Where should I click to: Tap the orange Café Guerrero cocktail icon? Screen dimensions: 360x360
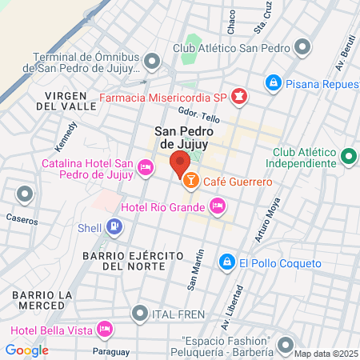pyautogui.click(x=191, y=182)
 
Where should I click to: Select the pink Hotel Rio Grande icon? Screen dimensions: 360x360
pyautogui.click(x=217, y=207)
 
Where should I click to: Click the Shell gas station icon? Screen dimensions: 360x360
pyautogui.click(x=114, y=227)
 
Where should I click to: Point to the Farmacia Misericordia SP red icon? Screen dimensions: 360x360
pyautogui.click(x=238, y=98)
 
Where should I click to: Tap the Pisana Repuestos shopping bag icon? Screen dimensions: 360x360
pyautogui.click(x=274, y=82)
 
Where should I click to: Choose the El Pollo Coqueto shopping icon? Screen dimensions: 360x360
pyautogui.click(x=227, y=262)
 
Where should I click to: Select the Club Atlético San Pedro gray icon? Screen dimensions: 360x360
pyautogui.click(x=302, y=47)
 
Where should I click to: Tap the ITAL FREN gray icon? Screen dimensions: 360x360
pyautogui.click(x=141, y=313)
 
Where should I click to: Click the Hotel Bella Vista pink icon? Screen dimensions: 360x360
pyautogui.click(x=103, y=330)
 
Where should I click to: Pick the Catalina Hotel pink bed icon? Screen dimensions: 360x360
pyautogui.click(x=146, y=167)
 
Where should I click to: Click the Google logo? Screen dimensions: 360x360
pyautogui.click(x=26, y=350)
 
